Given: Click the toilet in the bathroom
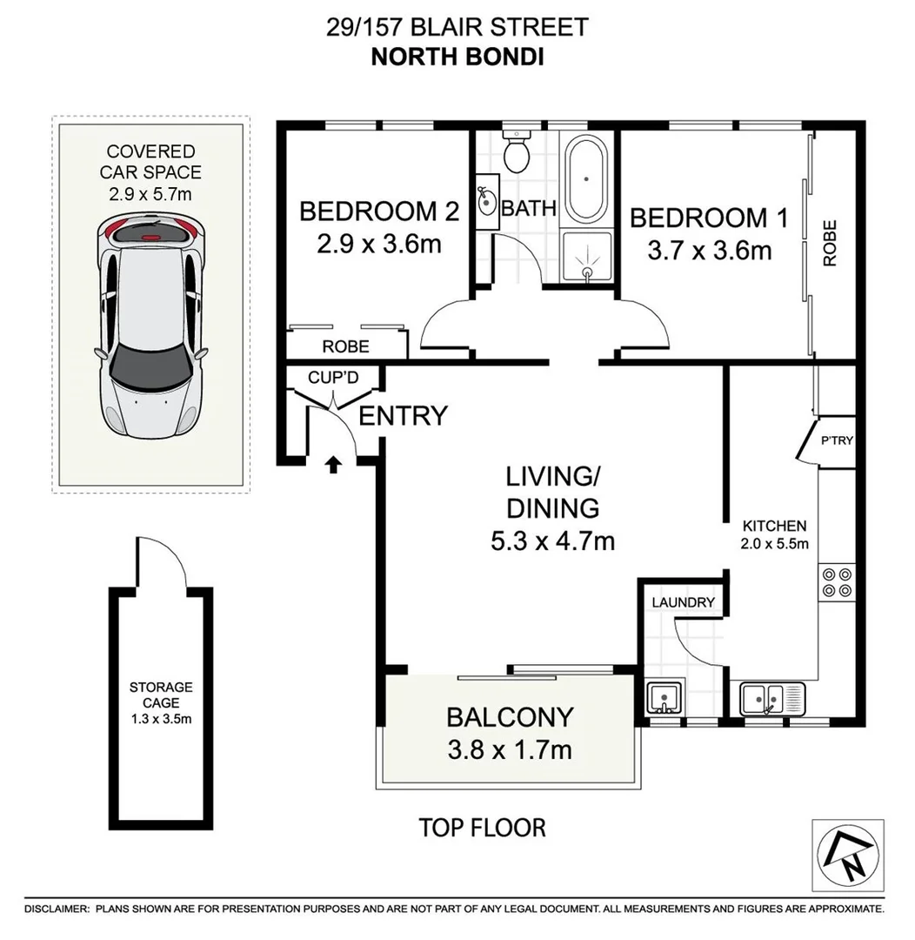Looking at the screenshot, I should tap(519, 153).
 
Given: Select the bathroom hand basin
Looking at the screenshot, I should tap(485, 205).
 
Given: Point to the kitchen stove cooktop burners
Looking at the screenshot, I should tap(837, 581).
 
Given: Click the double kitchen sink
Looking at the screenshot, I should tap(772, 699).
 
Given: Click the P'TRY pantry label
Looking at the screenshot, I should tap(838, 440).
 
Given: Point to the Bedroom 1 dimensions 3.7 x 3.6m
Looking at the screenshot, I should tap(709, 251).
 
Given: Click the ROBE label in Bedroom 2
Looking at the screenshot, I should tap(345, 346).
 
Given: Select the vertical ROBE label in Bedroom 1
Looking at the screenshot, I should tap(830, 243).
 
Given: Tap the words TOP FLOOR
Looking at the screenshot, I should tap(483, 828).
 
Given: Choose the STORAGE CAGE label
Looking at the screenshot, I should tap(161, 695).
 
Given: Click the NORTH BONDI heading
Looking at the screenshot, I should tap(457, 57).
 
